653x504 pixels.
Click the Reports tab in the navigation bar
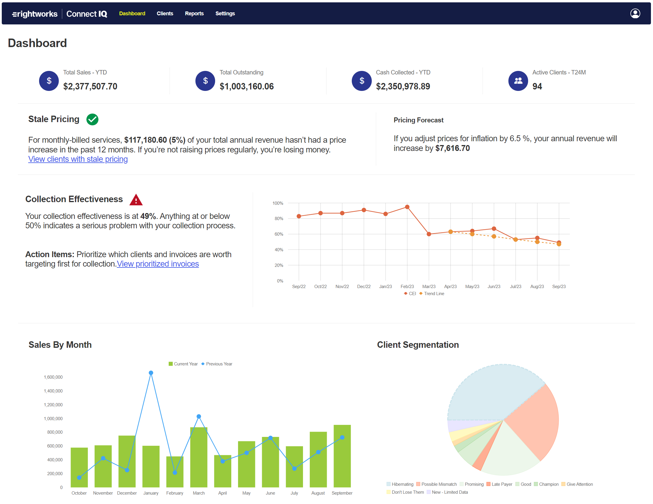[x=194, y=14]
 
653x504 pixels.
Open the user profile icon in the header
[x=635, y=14]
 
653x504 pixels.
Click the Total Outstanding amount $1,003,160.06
[x=246, y=87]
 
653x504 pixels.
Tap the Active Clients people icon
[x=518, y=81]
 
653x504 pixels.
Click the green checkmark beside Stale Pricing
[x=92, y=119]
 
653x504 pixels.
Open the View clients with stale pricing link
[x=78, y=159]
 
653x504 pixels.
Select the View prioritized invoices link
[x=158, y=264]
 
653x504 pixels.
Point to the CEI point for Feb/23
[x=407, y=207]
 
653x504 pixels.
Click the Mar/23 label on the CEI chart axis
[x=429, y=287]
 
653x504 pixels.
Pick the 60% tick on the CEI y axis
[x=279, y=234]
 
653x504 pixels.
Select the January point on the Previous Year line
[x=151, y=373]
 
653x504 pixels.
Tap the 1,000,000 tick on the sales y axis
[x=53, y=418]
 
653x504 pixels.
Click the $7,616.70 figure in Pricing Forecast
[x=452, y=149]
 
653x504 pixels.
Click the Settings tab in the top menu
[x=225, y=14]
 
